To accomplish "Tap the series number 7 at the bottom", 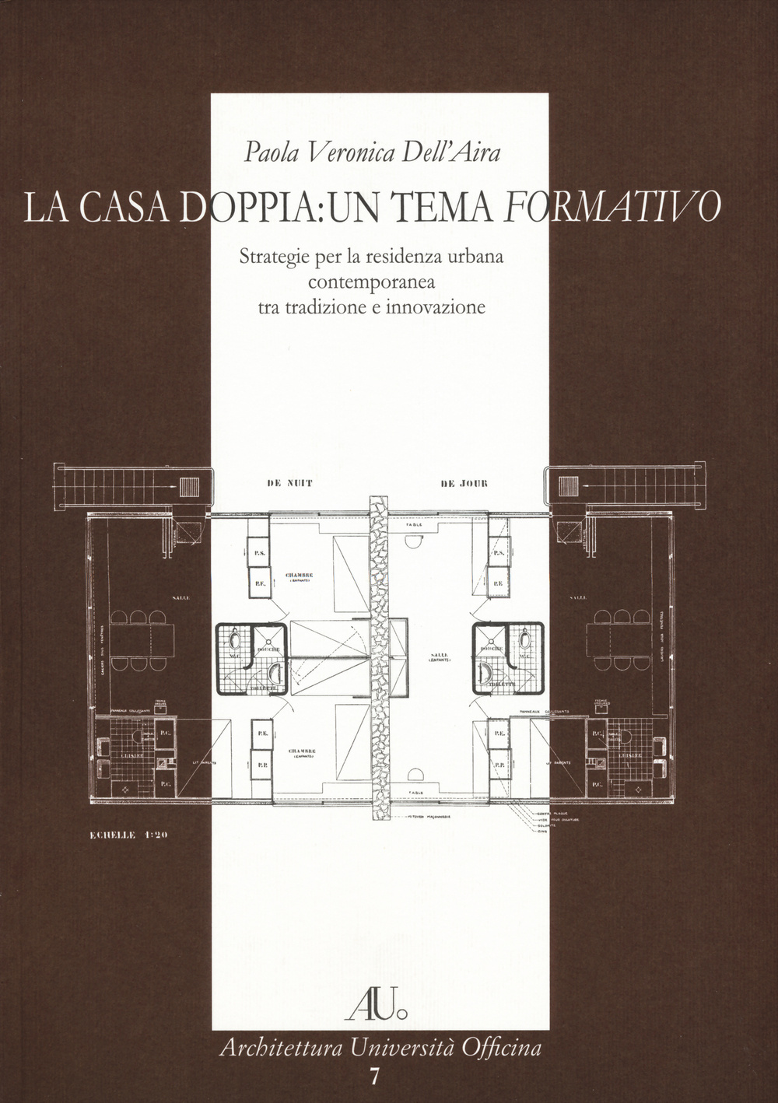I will [377, 1077].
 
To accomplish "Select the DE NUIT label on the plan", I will [289, 484].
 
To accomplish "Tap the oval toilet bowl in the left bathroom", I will [237, 639].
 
